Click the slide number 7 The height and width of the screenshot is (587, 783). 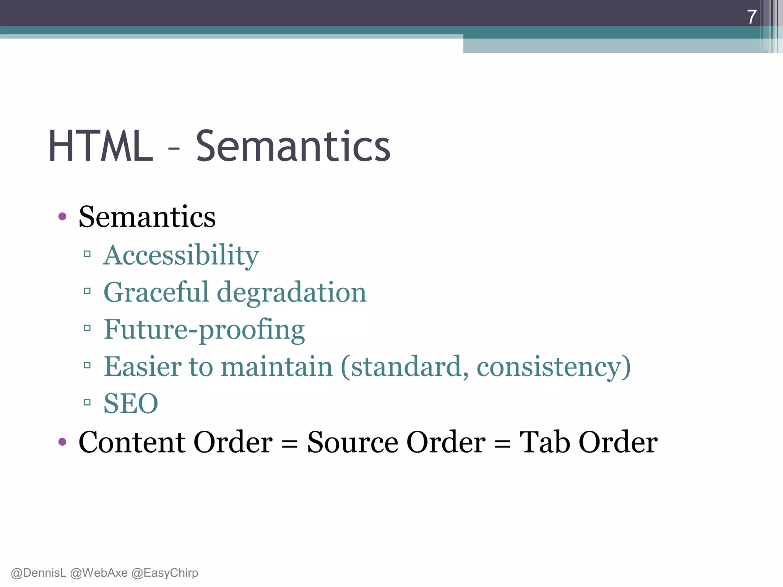[x=752, y=17]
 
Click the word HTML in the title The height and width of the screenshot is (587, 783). [x=100, y=146]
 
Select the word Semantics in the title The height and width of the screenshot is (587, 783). [x=293, y=146]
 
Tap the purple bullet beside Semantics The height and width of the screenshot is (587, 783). [x=62, y=217]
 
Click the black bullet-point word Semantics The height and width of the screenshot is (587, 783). [x=147, y=217]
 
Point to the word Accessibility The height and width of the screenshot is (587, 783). [x=181, y=255]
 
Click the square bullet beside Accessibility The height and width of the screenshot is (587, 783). [x=87, y=254]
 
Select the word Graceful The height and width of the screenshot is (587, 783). [x=156, y=292]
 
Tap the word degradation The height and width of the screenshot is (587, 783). [x=292, y=292]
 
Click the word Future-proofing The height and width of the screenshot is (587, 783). [x=204, y=329]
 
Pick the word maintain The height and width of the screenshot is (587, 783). [x=277, y=366]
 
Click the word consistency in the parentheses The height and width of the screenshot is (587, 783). [x=549, y=366]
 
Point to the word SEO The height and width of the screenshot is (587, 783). [x=131, y=404]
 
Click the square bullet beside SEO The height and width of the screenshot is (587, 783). [x=87, y=402]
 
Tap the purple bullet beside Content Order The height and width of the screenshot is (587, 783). [x=62, y=442]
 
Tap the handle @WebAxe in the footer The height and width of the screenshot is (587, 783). [x=99, y=573]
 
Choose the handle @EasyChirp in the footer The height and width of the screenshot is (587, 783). [x=165, y=573]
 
